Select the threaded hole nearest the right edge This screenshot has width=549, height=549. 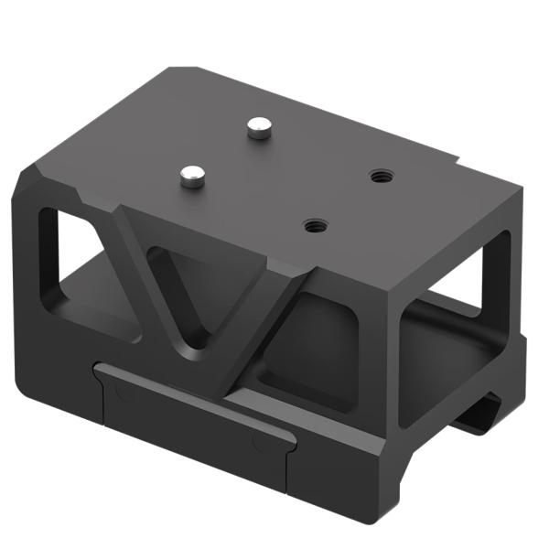pos(378,175)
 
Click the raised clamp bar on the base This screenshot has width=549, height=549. pos(192,403)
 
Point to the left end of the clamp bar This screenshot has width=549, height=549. pos(102,371)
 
